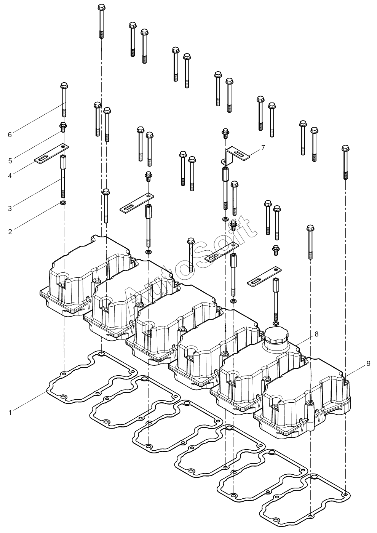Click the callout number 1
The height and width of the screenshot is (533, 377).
point(10,412)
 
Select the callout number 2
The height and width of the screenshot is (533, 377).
point(10,232)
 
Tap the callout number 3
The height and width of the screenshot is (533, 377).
point(10,209)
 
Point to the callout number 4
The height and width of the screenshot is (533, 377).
point(10,176)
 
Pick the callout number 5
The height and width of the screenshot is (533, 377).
point(10,161)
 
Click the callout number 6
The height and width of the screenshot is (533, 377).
point(10,135)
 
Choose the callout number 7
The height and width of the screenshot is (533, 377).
point(263,148)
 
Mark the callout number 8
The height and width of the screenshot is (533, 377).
point(316,334)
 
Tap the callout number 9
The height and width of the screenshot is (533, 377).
point(368,363)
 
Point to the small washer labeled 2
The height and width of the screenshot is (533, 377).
point(64,202)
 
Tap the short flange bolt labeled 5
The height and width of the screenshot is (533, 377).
point(63,127)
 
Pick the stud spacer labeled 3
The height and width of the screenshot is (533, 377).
point(64,176)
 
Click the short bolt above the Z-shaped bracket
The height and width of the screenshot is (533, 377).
point(225,133)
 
